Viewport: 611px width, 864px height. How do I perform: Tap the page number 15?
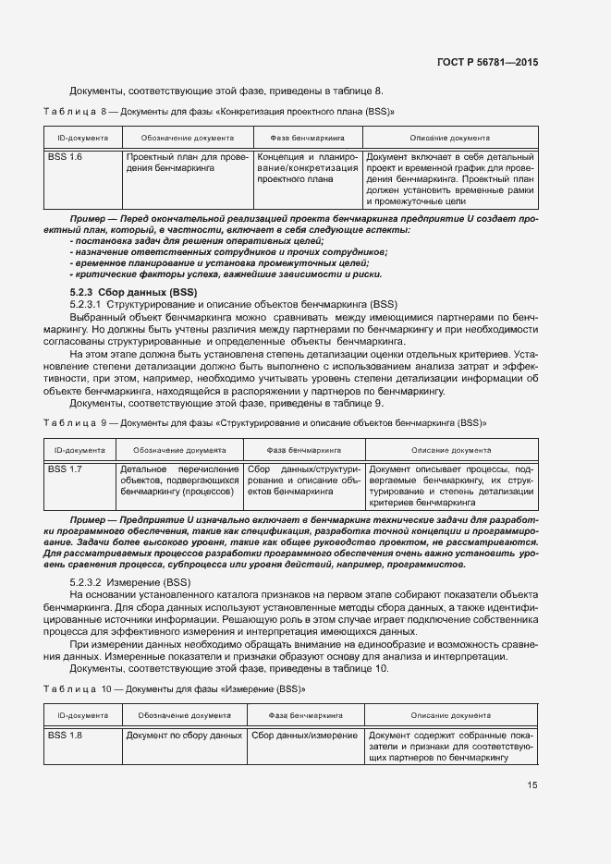pos(532,785)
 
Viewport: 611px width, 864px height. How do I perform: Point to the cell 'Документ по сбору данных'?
pos(184,735)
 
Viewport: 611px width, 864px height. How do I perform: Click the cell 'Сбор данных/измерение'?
pos(304,735)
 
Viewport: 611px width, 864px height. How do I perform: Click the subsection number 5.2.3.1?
pos(88,303)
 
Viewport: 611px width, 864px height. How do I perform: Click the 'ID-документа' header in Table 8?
pos(83,137)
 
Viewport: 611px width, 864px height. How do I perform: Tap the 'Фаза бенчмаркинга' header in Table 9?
pos(304,449)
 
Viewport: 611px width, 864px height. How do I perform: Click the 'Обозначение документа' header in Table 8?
pos(186,137)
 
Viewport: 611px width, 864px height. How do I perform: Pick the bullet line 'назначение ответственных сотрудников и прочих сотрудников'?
pos(228,251)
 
